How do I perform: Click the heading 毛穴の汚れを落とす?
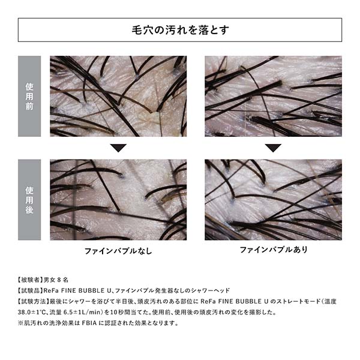pos(180,29)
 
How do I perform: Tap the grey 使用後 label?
pos(29,200)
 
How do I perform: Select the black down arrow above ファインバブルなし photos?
pos(118,148)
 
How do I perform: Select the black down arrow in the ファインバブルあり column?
pos(273,148)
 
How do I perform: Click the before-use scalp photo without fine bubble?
pos(118,96)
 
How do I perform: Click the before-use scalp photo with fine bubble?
pos(273,96)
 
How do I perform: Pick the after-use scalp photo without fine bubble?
pos(118,200)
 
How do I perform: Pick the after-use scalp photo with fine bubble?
pos(273,200)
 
